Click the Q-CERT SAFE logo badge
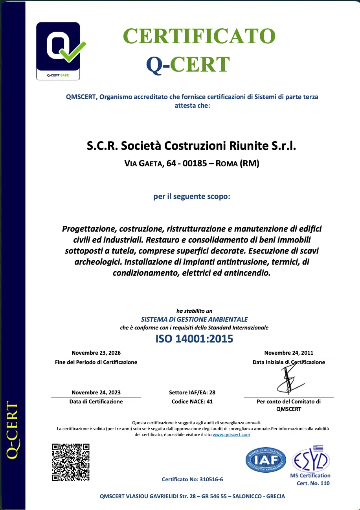tap(58, 51)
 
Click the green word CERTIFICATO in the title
tap(199, 37)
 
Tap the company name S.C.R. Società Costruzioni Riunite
tap(191, 146)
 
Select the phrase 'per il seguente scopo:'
tap(192, 196)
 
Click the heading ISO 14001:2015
tap(194, 339)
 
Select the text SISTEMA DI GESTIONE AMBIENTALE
tap(194, 319)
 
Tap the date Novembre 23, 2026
tap(96, 353)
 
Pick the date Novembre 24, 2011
tap(288, 353)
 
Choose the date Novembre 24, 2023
tap(96, 392)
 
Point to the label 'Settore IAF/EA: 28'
tap(192, 392)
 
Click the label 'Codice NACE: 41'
tap(192, 401)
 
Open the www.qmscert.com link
tap(231, 435)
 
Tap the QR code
tap(71, 462)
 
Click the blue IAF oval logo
tap(266, 460)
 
